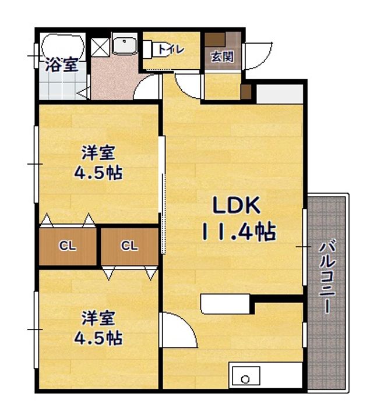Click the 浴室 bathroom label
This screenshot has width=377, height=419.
click(x=62, y=65)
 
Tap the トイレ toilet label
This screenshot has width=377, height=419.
click(x=171, y=49)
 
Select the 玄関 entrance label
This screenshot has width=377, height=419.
click(x=222, y=56)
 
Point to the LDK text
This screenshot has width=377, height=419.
click(x=236, y=205)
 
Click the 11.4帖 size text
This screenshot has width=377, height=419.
click(x=239, y=232)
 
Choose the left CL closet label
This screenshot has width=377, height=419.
click(x=68, y=246)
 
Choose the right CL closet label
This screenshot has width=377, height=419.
click(x=129, y=246)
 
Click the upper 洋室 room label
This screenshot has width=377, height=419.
click(x=98, y=152)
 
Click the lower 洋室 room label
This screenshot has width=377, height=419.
click(x=98, y=318)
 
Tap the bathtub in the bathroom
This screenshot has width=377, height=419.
click(x=62, y=46)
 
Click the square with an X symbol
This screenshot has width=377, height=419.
click(x=100, y=47)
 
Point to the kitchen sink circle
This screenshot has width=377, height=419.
click(x=245, y=379)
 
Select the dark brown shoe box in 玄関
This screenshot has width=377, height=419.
click(x=215, y=40)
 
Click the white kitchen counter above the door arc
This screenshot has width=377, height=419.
click(x=225, y=304)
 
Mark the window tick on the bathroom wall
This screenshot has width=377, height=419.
click(x=35, y=56)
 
